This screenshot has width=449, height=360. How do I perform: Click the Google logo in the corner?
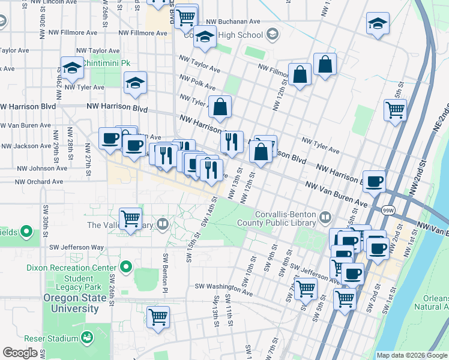[x=20, y=353]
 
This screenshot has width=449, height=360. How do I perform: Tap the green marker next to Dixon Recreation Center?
[x=125, y=266]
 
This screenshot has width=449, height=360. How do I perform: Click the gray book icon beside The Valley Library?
[x=163, y=225]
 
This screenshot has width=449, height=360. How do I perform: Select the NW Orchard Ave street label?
[x=39, y=181]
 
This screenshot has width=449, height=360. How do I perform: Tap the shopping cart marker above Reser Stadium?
[x=158, y=316]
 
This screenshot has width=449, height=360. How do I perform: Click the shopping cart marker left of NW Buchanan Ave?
[x=187, y=16]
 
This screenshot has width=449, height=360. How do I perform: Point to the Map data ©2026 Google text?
[x=411, y=355]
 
